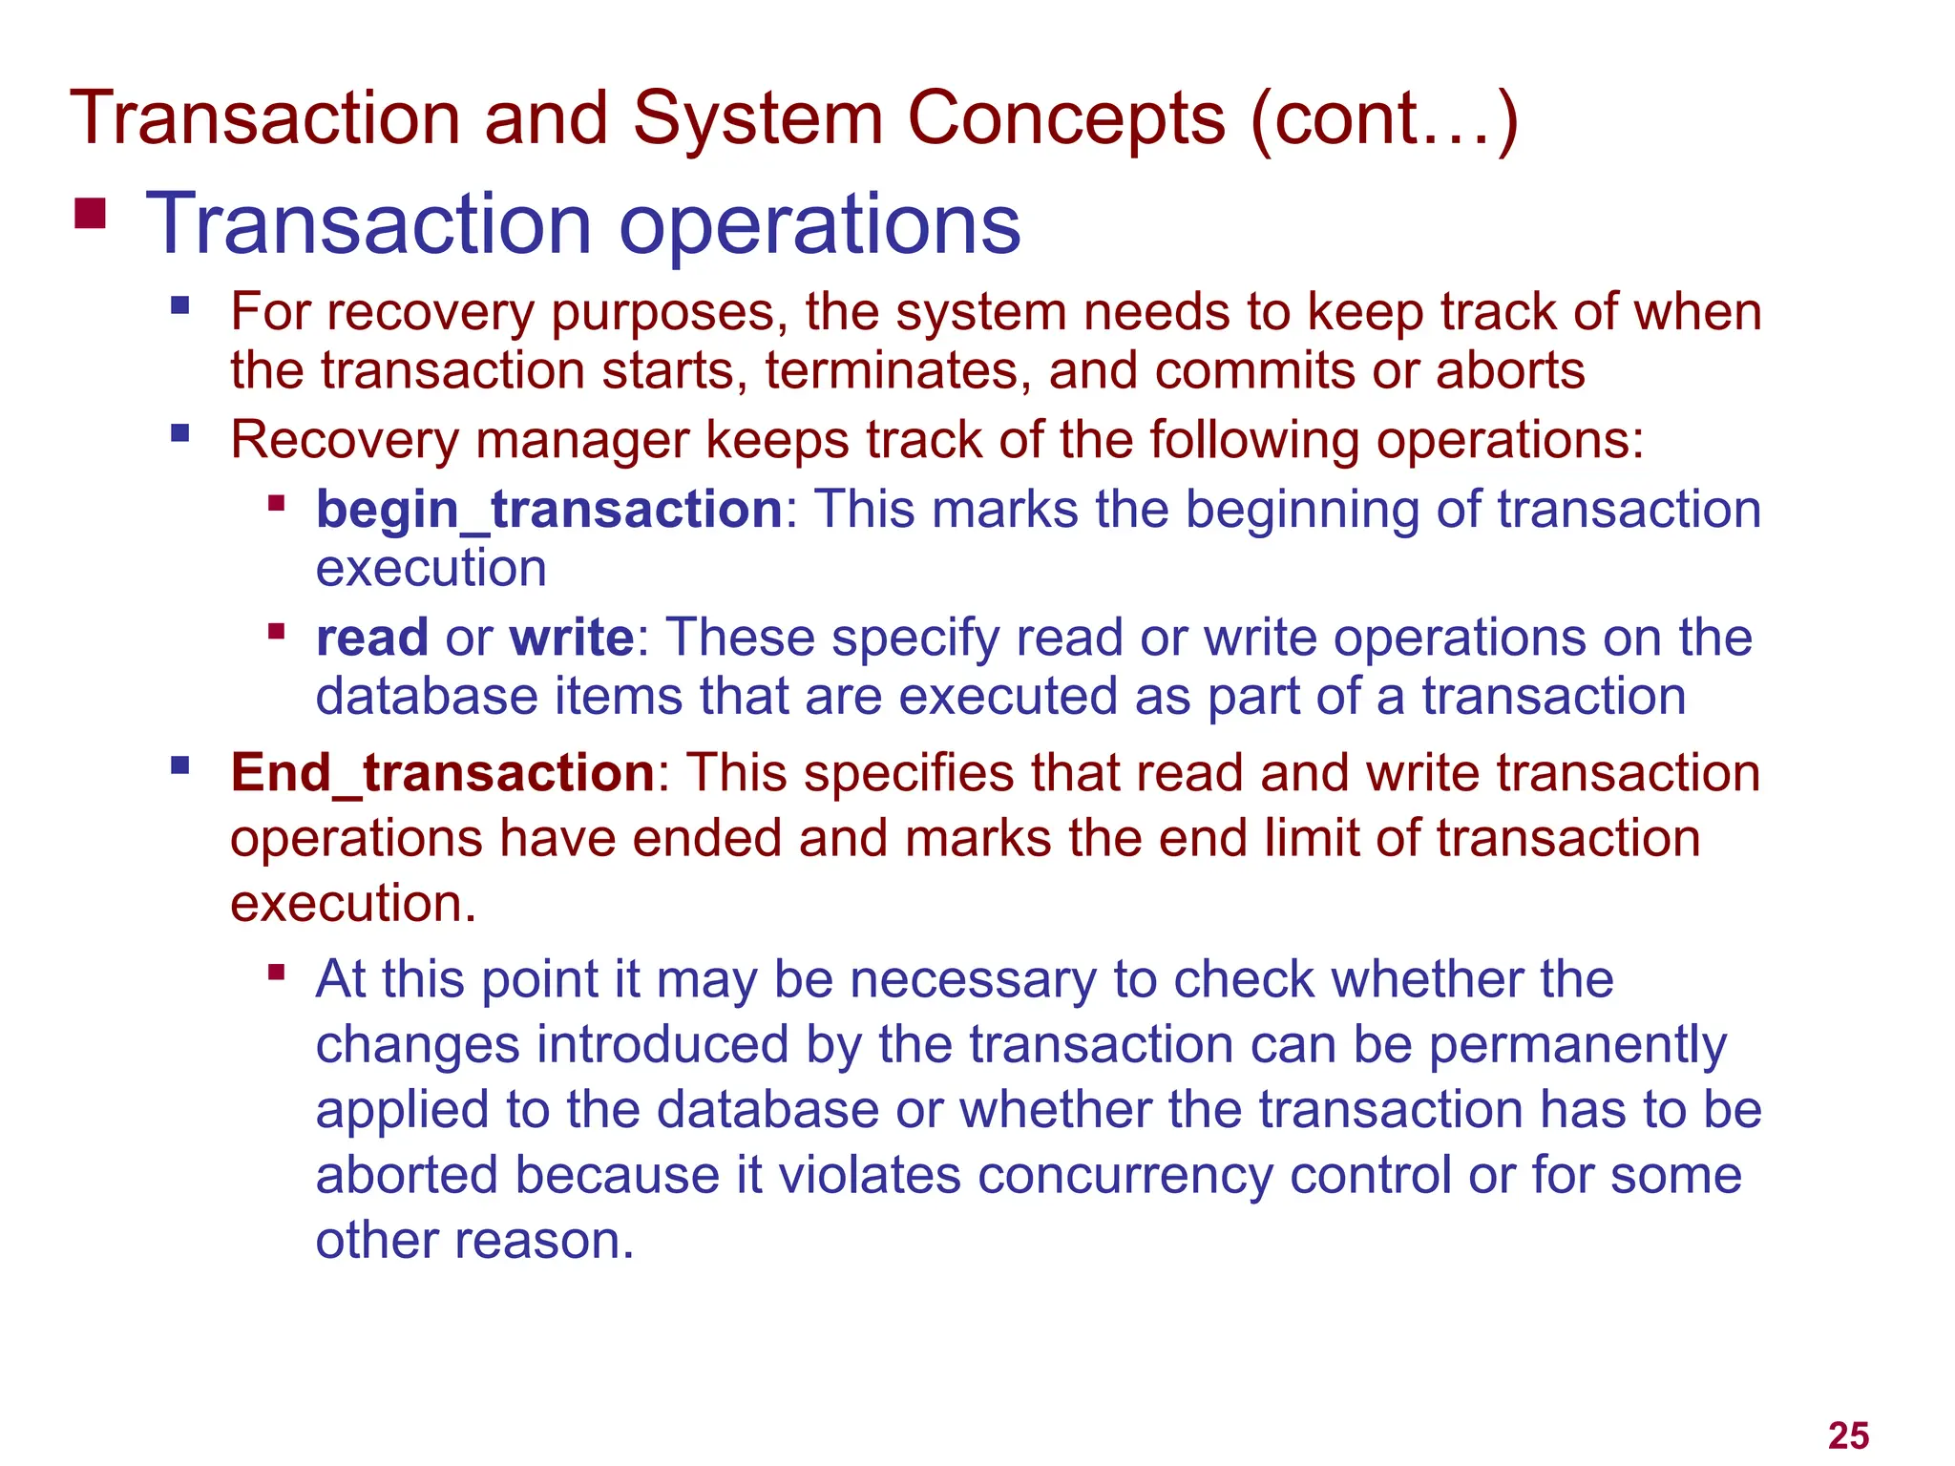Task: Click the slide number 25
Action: coord(1848,1435)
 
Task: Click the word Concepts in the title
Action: coord(1066,119)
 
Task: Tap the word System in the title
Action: coord(757,119)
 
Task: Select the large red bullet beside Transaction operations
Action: coord(90,214)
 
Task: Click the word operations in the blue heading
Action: coord(820,225)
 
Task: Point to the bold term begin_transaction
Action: coord(549,510)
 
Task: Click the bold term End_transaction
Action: coord(442,772)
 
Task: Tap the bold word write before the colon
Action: coord(571,638)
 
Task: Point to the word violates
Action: coord(870,1175)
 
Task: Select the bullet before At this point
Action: coord(277,974)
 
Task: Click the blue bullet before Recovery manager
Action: coord(179,434)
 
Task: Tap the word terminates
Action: coord(897,370)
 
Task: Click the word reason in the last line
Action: coord(543,1241)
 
